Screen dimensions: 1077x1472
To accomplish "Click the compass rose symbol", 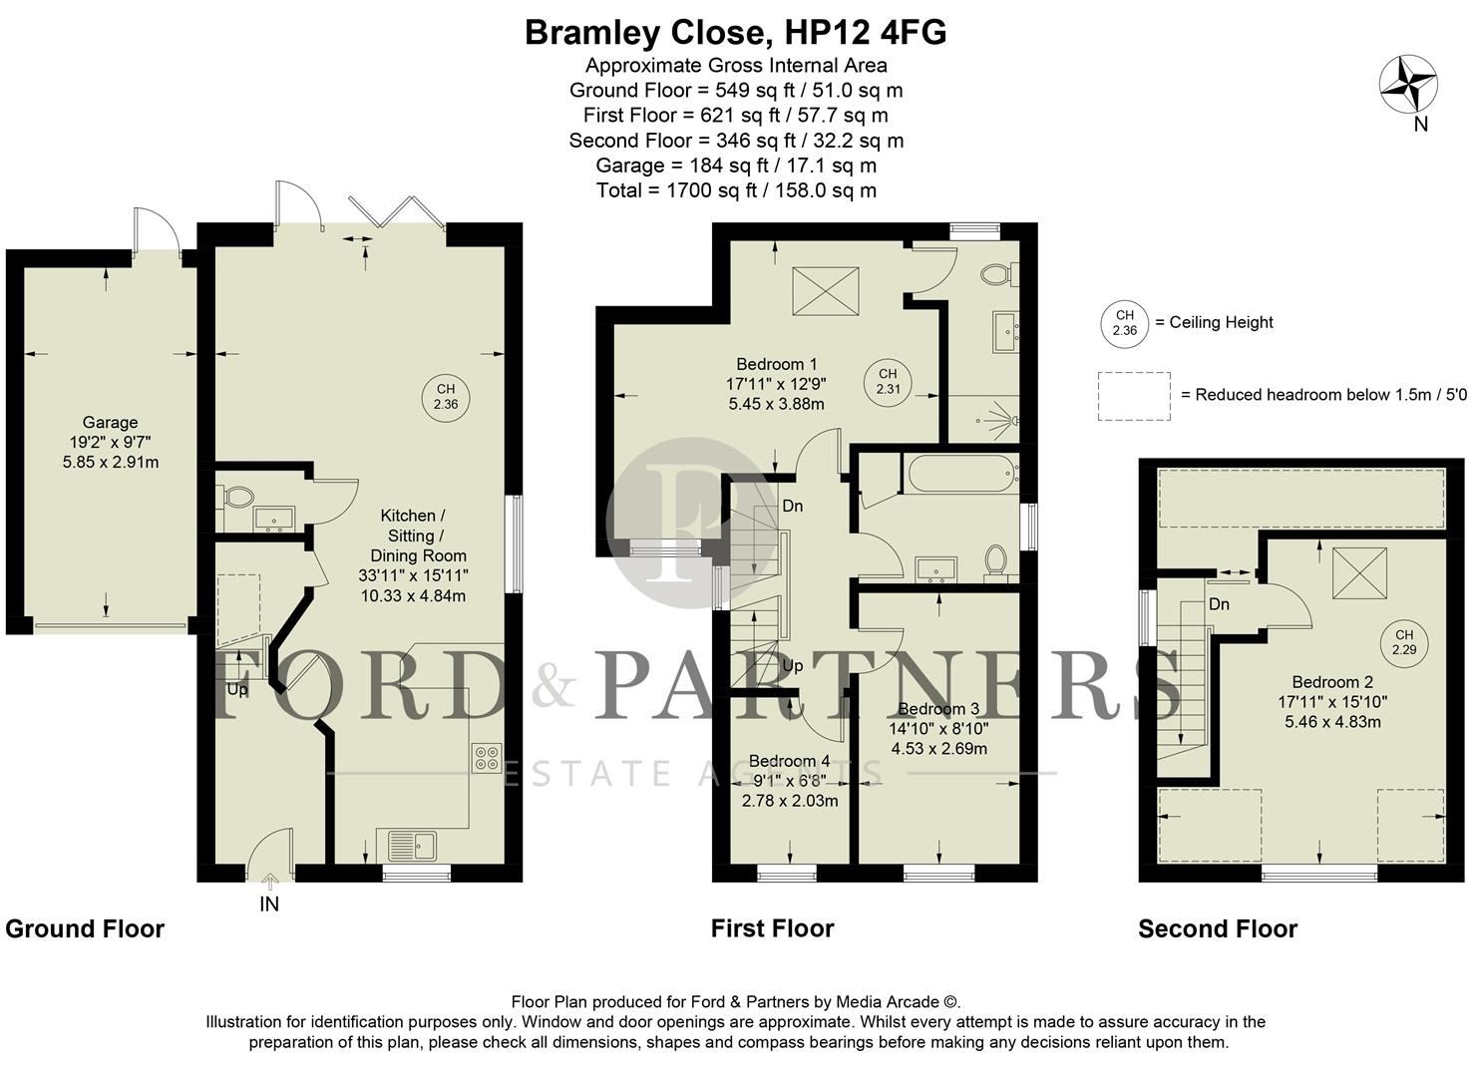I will pyautogui.click(x=1407, y=84).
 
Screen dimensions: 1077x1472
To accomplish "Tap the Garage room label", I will pyautogui.click(x=110, y=423).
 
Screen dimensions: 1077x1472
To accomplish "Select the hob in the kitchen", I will pyautogui.click(x=488, y=758).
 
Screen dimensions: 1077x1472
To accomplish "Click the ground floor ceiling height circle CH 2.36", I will pyautogui.click(x=446, y=397).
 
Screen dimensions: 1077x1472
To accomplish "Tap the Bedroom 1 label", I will pyautogui.click(x=776, y=364).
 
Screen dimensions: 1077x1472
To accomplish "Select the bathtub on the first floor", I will pyautogui.click(x=960, y=474).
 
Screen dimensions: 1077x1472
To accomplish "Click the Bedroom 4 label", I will pyautogui.click(x=789, y=761).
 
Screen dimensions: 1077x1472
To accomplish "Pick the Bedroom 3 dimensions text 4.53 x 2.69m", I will pyautogui.click(x=938, y=749).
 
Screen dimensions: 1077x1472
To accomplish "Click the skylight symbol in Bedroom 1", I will pyautogui.click(x=825, y=291).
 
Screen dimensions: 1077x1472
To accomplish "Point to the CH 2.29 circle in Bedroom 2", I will pyautogui.click(x=1404, y=642).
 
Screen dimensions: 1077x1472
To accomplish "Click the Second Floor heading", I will pyautogui.click(x=1217, y=929).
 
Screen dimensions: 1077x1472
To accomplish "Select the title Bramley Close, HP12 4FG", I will pyautogui.click(x=735, y=33).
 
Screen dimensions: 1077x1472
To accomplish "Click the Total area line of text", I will pyautogui.click(x=735, y=190).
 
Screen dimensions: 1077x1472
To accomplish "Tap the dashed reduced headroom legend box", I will pyautogui.click(x=1133, y=396).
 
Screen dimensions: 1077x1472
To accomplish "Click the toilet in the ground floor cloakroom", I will pyautogui.click(x=237, y=497).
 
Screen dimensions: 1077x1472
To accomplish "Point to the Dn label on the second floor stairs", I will pyautogui.click(x=1219, y=604).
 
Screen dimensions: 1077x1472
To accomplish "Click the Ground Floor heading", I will pyautogui.click(x=85, y=929).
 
